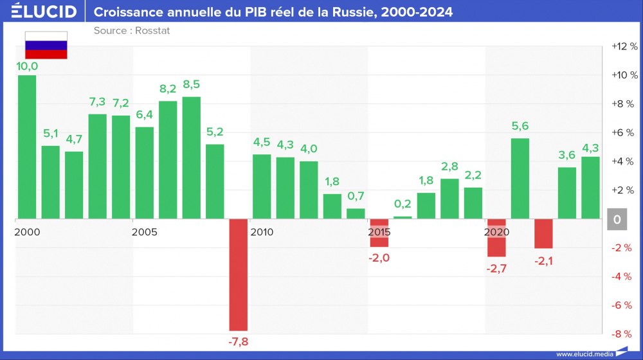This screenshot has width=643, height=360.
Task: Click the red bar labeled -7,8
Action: (239, 274)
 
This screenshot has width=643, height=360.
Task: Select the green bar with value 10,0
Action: (27, 147)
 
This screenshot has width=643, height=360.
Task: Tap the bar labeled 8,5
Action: (192, 157)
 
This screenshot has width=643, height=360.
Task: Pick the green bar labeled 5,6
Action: (520, 179)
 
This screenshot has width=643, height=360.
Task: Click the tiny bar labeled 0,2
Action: (403, 217)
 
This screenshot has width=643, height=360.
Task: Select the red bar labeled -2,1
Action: (543, 234)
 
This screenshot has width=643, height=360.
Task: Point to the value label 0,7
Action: (356, 196)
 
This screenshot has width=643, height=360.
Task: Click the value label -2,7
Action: (497, 269)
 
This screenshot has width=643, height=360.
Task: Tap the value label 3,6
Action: (567, 155)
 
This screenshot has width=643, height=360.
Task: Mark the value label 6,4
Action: (145, 115)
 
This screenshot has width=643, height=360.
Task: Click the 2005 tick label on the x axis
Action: (144, 231)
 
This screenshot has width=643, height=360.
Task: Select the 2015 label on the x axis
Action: (379, 231)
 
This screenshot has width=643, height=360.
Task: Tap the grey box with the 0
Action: (617, 220)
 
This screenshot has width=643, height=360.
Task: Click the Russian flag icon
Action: (46, 45)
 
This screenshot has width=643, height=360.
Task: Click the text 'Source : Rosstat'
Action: (132, 30)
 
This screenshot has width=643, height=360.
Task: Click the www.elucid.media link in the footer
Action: (584, 354)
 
